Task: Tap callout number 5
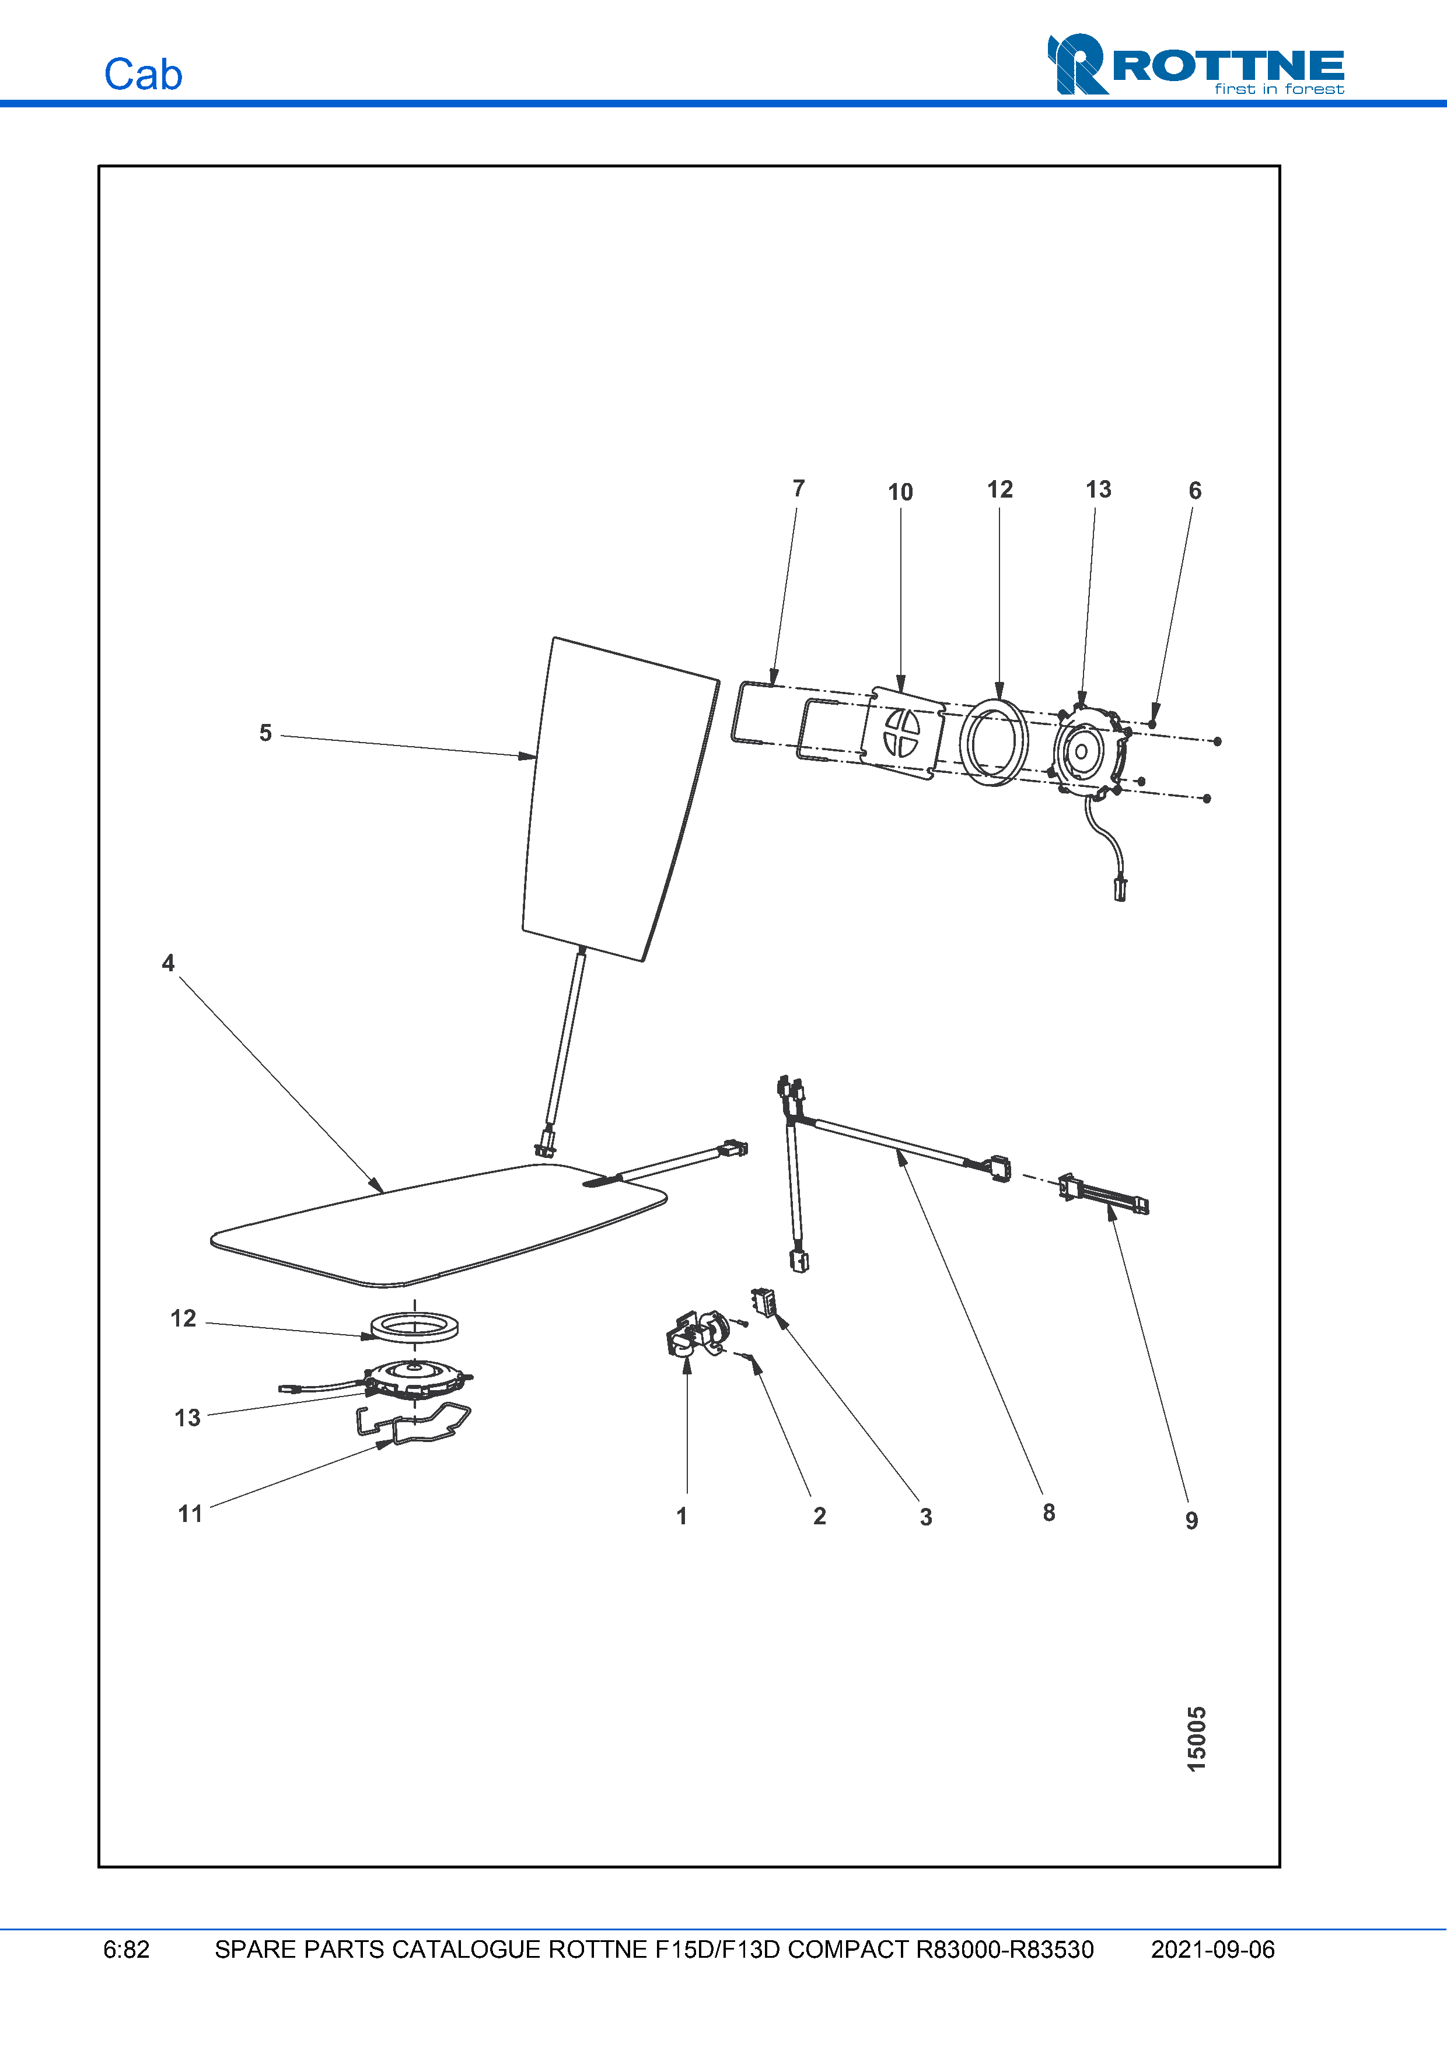265,733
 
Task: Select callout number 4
167,963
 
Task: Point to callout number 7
798,489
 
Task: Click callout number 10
900,492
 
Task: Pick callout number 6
1195,491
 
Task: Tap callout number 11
190,1514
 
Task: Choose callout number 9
1191,1520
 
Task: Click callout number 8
1048,1512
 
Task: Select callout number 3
925,1517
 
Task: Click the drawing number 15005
1197,1738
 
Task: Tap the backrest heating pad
615,802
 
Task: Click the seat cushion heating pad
437,1226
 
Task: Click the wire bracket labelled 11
415,1424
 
